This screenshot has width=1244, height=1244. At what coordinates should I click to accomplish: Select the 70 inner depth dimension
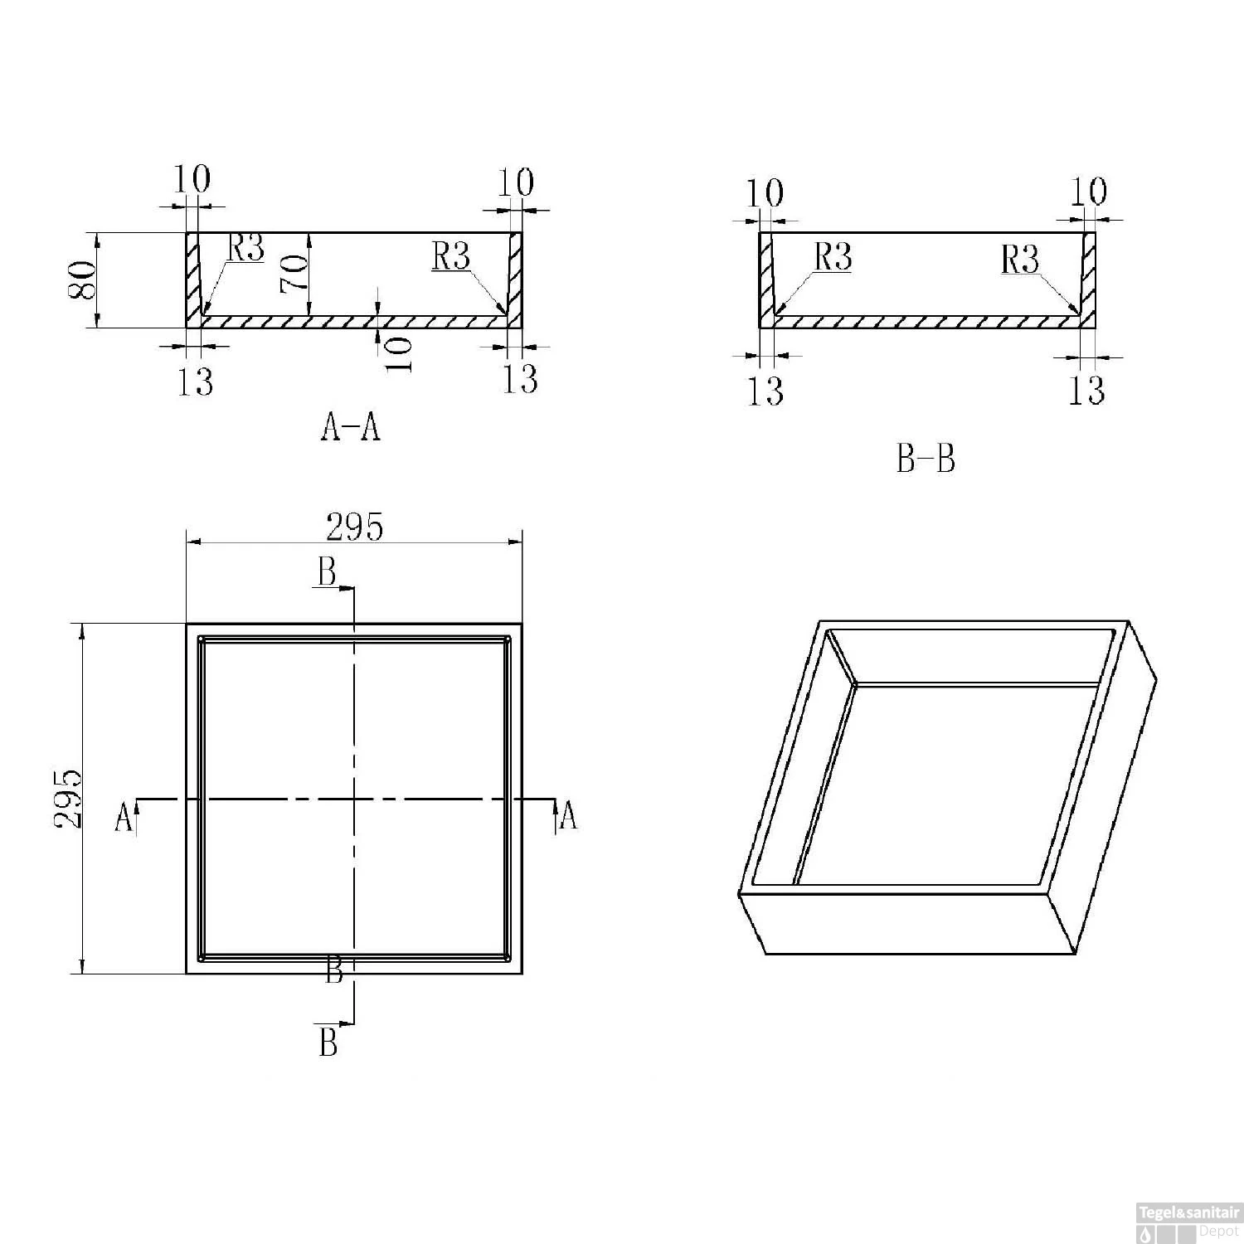(294, 273)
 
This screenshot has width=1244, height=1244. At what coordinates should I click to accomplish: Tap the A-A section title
(350, 426)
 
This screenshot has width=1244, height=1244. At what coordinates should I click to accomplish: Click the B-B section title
(926, 458)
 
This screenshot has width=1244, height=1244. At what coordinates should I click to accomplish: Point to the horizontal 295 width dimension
(354, 526)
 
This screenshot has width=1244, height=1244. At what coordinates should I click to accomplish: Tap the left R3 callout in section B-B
(833, 257)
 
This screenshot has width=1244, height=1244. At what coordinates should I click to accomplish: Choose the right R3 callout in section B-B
(1019, 259)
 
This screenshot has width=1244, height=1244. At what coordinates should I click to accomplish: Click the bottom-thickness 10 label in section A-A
(398, 354)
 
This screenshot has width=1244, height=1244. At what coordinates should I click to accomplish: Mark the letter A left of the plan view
(124, 816)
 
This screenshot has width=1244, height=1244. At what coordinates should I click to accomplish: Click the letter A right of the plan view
(568, 816)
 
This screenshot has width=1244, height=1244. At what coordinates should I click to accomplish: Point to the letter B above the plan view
(328, 572)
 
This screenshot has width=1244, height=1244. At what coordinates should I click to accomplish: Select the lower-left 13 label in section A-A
(195, 381)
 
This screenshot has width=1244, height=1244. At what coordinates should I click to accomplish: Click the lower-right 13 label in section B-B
(1086, 389)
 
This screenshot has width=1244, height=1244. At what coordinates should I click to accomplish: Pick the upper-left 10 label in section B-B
(765, 193)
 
